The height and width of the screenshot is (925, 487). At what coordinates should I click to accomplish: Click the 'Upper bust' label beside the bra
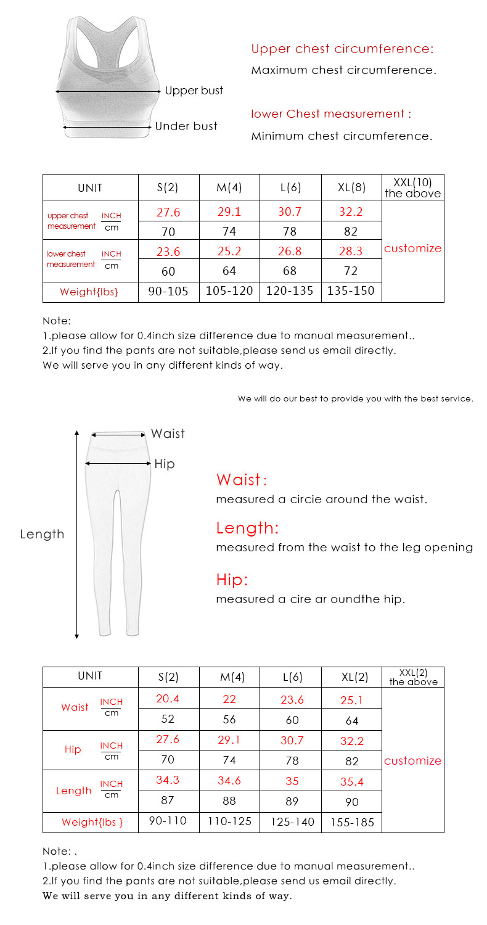pos(194,91)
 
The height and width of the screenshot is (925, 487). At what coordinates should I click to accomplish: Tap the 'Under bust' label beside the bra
pos(186,126)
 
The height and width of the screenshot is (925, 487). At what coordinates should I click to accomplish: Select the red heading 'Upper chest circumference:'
pos(342,49)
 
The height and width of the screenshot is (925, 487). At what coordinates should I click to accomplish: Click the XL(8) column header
pos(351,187)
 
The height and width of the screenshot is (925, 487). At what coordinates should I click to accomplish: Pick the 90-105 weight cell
pos(168,291)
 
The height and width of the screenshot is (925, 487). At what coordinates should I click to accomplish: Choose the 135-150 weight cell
pos(351,291)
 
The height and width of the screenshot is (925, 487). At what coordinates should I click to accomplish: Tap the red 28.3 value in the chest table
pos(351,251)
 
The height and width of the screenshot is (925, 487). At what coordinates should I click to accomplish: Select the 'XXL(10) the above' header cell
pos(412,187)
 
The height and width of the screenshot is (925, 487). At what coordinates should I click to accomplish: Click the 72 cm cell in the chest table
pos(351,271)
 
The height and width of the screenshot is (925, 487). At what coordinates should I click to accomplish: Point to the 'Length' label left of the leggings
pos(42,535)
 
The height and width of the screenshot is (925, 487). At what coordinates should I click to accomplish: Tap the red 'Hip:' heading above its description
pos(232,580)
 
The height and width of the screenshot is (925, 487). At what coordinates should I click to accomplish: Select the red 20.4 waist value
pos(168,699)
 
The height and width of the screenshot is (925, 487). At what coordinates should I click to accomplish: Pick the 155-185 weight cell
pos(352,823)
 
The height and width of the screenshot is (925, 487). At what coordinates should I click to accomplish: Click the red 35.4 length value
pos(352,782)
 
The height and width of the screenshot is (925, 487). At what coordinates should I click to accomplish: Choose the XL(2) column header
pos(354,677)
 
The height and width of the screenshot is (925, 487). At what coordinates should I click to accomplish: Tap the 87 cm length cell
pos(168,801)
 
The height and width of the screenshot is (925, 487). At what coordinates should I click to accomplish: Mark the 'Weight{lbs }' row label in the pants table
pos(92,822)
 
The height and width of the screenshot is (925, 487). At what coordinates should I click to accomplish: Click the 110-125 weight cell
pos(229,821)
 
